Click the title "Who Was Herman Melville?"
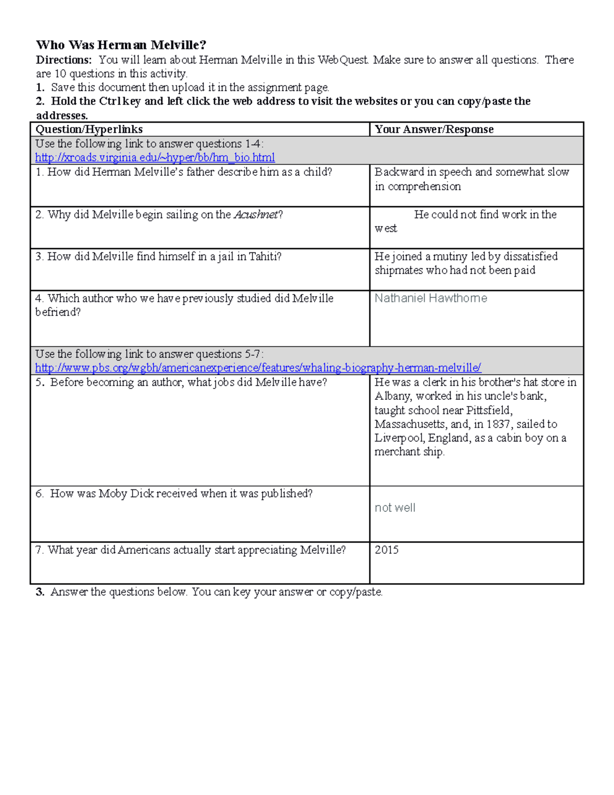point(121,45)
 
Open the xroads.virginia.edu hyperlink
point(155,158)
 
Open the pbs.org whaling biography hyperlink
point(258,368)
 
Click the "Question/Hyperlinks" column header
point(89,130)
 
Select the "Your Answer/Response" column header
point(434,130)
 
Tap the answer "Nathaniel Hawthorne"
point(430,298)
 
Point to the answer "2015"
point(386,550)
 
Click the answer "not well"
point(394,508)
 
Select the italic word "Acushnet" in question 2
point(255,214)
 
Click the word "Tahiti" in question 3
point(263,256)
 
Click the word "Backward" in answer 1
point(399,172)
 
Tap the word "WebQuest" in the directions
point(342,60)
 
